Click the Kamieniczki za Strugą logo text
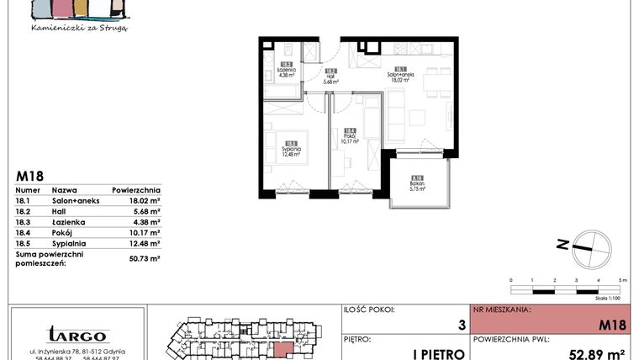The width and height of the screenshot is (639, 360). [78, 28]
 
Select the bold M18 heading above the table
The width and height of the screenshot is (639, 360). [29, 177]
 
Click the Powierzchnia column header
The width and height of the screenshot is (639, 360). [135, 191]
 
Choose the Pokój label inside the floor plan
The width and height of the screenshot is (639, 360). [351, 137]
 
